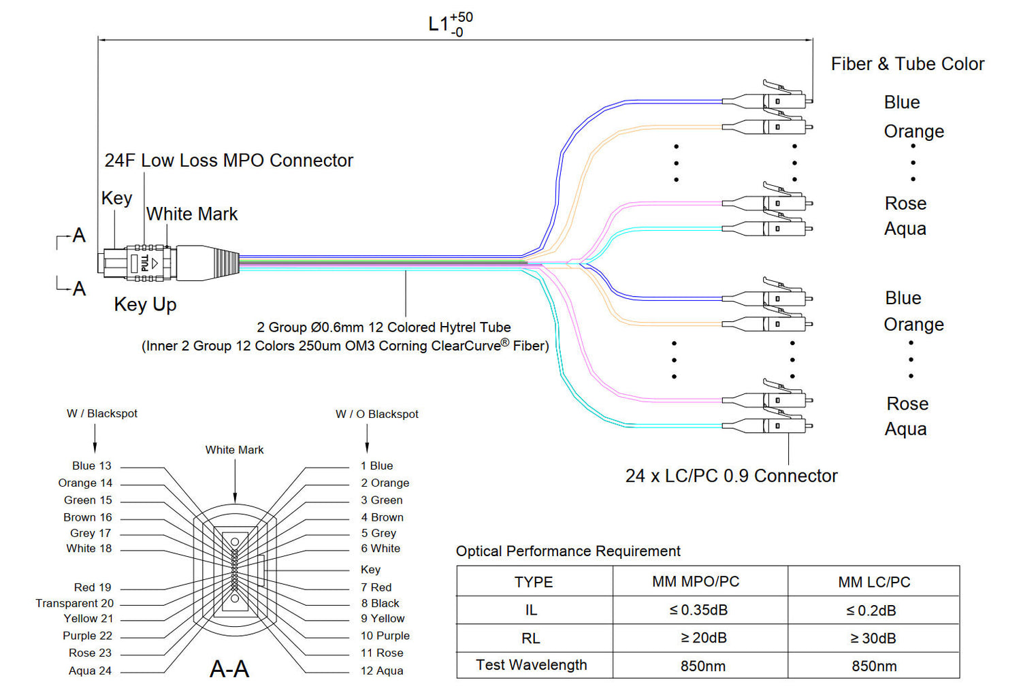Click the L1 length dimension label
pos(449,25)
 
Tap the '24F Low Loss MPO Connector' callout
pos(229,161)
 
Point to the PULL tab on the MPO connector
pos(145,263)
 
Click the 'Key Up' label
pos(145,304)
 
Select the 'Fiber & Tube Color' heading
pos(907,64)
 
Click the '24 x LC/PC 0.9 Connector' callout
pos(731,476)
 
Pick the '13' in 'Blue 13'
pos(105,466)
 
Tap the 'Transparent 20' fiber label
pos(75,603)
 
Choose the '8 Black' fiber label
pos(380,603)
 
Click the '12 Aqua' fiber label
pos(381,670)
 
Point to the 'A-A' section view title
pos(229,669)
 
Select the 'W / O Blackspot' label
pos(376,414)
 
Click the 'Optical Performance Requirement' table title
pos(568,551)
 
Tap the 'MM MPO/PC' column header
pos(696,582)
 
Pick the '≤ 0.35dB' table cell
pos(698,610)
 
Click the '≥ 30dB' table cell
pos(873,638)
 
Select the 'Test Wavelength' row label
pos(531,665)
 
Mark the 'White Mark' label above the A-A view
pos(234,450)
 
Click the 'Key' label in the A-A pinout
pos(370,569)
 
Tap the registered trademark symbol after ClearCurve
pos(504,342)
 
